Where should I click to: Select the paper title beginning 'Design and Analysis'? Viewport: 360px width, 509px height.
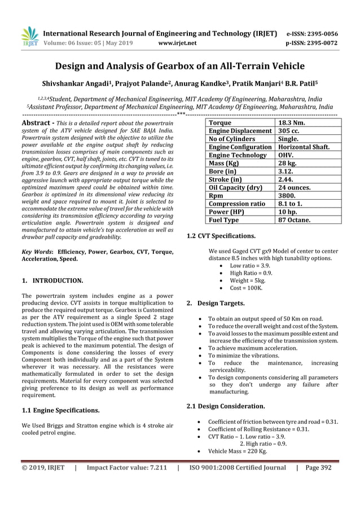(180, 66)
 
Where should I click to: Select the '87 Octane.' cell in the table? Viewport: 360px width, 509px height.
(294, 220)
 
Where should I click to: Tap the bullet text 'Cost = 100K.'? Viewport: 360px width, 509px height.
(246, 288)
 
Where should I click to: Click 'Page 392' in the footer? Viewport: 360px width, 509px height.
(318, 467)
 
